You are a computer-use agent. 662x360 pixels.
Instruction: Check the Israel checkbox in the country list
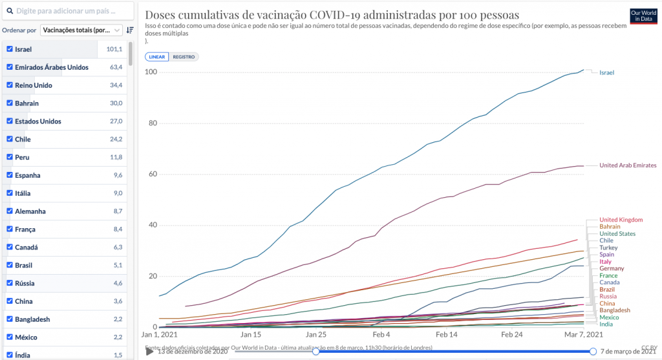10,49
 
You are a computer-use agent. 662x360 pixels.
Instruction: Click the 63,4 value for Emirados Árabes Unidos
116,67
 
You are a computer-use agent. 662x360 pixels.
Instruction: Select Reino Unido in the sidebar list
34,85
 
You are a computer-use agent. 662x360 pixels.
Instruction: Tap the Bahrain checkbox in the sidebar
10,103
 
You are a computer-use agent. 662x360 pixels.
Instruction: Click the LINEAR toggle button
157,57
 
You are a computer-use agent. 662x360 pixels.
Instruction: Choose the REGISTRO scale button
184,57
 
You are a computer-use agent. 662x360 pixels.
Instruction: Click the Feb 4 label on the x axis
381,335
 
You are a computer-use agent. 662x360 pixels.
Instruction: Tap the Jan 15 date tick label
251,335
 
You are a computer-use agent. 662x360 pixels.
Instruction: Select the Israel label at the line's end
606,72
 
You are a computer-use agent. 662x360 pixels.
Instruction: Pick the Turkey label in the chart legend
608,248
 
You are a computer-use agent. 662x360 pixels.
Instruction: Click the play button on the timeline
149,351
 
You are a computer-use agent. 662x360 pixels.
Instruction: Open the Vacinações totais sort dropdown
81,30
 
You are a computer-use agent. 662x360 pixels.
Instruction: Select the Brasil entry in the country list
27,265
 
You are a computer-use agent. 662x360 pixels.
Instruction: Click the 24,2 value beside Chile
116,140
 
